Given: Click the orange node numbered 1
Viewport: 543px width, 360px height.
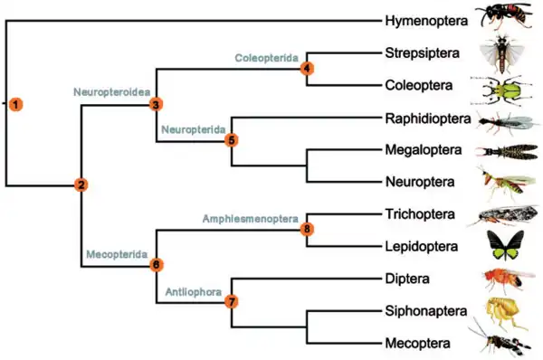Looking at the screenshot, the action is (x=16, y=104).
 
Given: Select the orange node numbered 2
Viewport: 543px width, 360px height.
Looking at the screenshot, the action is (x=81, y=185).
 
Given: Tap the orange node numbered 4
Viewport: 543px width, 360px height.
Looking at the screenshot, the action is (x=307, y=68).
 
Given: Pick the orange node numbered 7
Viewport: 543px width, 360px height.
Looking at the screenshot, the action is (x=232, y=301).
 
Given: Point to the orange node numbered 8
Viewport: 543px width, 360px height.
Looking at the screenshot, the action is (x=307, y=229).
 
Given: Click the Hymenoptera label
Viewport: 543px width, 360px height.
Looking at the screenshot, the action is (x=426, y=21).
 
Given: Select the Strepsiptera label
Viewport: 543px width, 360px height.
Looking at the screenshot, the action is (x=423, y=53).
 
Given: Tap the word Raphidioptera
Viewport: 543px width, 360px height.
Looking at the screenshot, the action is (x=428, y=118).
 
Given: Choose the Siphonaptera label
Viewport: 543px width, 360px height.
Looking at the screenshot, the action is (x=426, y=311).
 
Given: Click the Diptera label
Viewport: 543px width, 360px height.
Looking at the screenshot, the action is (x=407, y=279).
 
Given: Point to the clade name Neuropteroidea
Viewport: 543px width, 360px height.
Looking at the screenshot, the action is (x=112, y=92).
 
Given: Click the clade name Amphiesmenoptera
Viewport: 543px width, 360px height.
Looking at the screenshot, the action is (x=251, y=219).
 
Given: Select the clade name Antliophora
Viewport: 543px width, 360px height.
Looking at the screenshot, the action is (x=194, y=292).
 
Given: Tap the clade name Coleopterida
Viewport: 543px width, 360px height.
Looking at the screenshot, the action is (x=267, y=58).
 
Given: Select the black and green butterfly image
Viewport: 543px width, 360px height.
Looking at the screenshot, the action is (x=505, y=245).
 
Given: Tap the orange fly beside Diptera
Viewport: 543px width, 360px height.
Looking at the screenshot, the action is (x=508, y=279).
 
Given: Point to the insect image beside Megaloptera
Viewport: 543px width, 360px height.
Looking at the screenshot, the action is (x=507, y=152).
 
